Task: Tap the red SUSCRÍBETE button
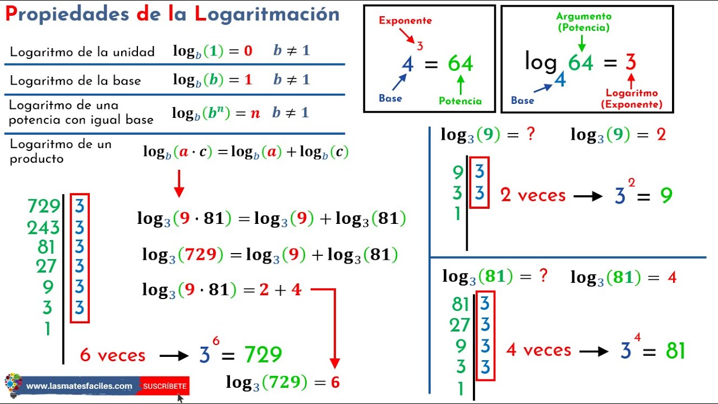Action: [x=164, y=386]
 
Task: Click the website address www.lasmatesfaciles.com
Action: [x=79, y=386]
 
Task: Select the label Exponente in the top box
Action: [x=405, y=21]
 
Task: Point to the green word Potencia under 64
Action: [x=460, y=101]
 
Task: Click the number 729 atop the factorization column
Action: [x=43, y=206]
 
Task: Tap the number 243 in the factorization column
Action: [x=43, y=227]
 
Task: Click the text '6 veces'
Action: [x=112, y=355]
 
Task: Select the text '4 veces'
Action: [x=538, y=350]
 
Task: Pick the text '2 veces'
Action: [x=533, y=195]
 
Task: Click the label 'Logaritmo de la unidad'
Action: [x=82, y=52]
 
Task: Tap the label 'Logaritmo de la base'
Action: [x=75, y=81]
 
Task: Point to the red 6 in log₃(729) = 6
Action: [x=335, y=383]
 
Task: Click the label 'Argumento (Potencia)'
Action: [x=583, y=22]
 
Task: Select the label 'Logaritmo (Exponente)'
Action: [x=631, y=99]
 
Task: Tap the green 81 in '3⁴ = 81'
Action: [x=675, y=351]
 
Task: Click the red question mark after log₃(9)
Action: [x=531, y=135]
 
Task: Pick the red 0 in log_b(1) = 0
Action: [x=248, y=51]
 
